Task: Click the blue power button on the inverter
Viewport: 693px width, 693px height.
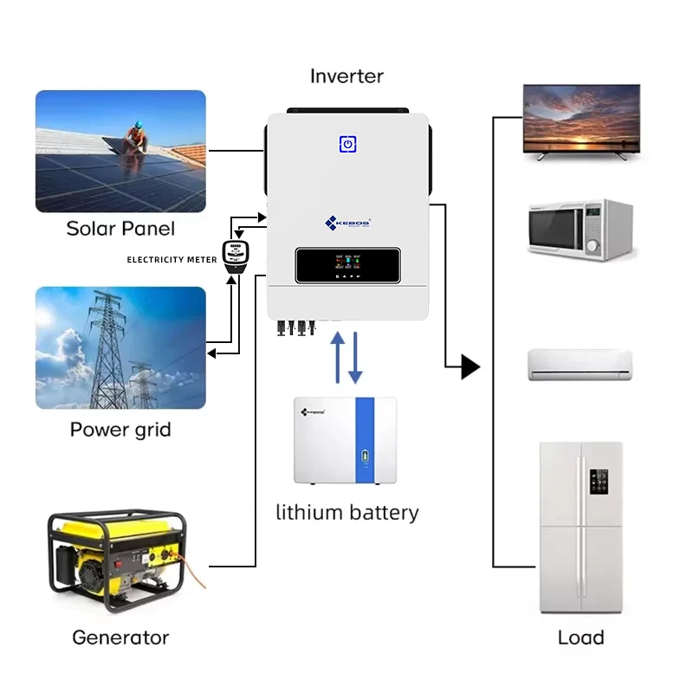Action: (x=346, y=145)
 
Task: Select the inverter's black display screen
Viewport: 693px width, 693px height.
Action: (x=347, y=265)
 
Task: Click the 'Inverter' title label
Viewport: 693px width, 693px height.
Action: (x=346, y=76)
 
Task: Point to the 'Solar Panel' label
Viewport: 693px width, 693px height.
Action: (x=120, y=229)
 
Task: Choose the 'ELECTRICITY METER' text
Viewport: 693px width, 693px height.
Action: (x=172, y=260)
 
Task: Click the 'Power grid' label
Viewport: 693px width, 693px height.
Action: (x=120, y=430)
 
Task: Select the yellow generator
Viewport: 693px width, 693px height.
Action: (x=118, y=554)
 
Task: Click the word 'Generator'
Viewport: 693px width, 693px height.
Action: (x=120, y=638)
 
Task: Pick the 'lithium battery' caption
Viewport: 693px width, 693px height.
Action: (x=346, y=512)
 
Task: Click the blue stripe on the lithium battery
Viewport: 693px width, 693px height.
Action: (x=365, y=441)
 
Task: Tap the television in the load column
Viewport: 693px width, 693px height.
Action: (x=581, y=121)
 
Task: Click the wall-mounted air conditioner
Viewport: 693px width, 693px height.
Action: (x=580, y=365)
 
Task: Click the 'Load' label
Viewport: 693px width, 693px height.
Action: (x=580, y=638)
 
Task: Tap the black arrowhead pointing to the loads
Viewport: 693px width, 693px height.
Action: (x=470, y=367)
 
